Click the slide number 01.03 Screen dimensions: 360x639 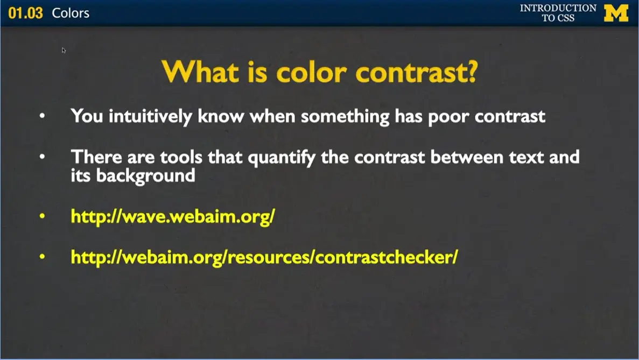[25, 13]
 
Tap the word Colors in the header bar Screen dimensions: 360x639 [71, 13]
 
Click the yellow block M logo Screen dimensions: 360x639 [616, 13]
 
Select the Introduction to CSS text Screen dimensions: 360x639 [558, 13]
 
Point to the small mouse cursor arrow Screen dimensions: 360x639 [64, 50]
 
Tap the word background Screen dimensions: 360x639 [145, 175]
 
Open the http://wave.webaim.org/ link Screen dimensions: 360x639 [173, 216]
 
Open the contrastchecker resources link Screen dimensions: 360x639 [264, 257]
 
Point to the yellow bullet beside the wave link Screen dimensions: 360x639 [43, 217]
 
